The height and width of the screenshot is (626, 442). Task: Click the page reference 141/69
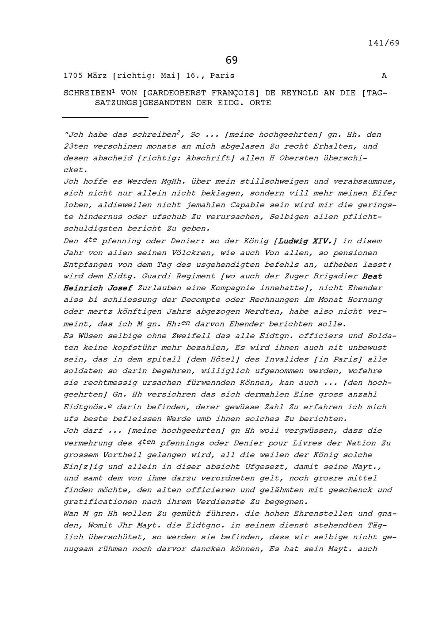click(x=384, y=43)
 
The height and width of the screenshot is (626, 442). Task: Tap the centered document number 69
click(x=231, y=60)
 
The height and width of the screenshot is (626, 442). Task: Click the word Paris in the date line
click(x=222, y=76)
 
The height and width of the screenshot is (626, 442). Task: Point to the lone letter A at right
click(x=384, y=76)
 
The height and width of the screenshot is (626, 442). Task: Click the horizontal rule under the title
click(x=105, y=118)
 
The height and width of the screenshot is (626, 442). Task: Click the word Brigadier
click(x=335, y=276)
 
